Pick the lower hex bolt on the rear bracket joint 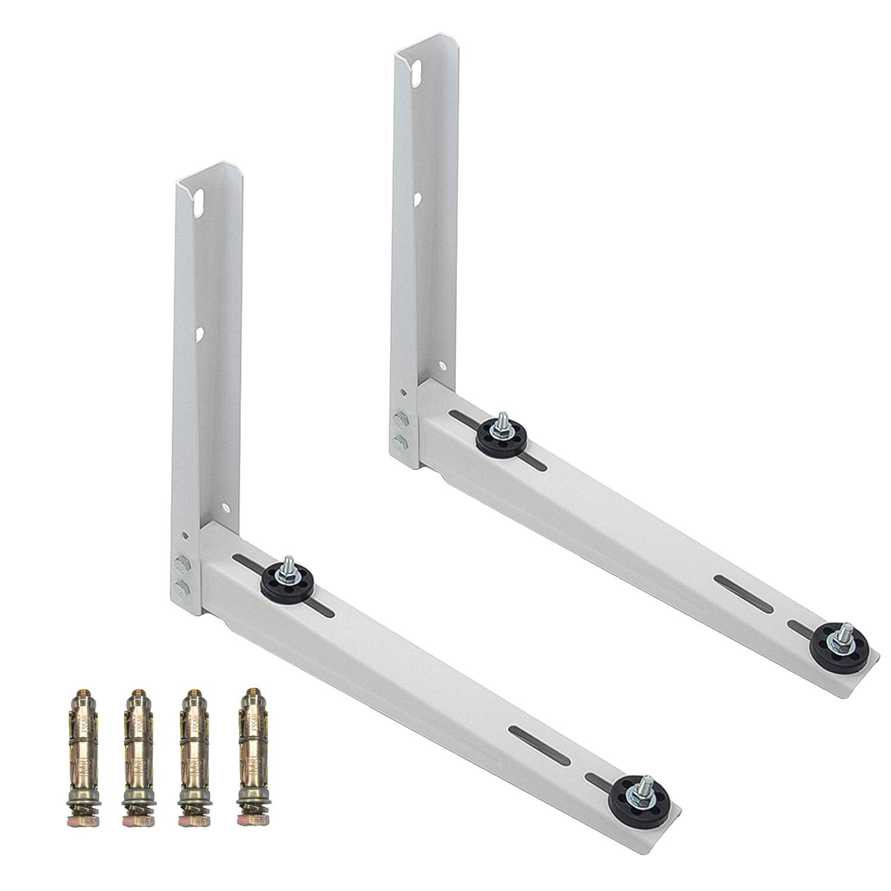pos(397,441)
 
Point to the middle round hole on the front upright pos(201,334)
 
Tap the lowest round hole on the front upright pos(226,508)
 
